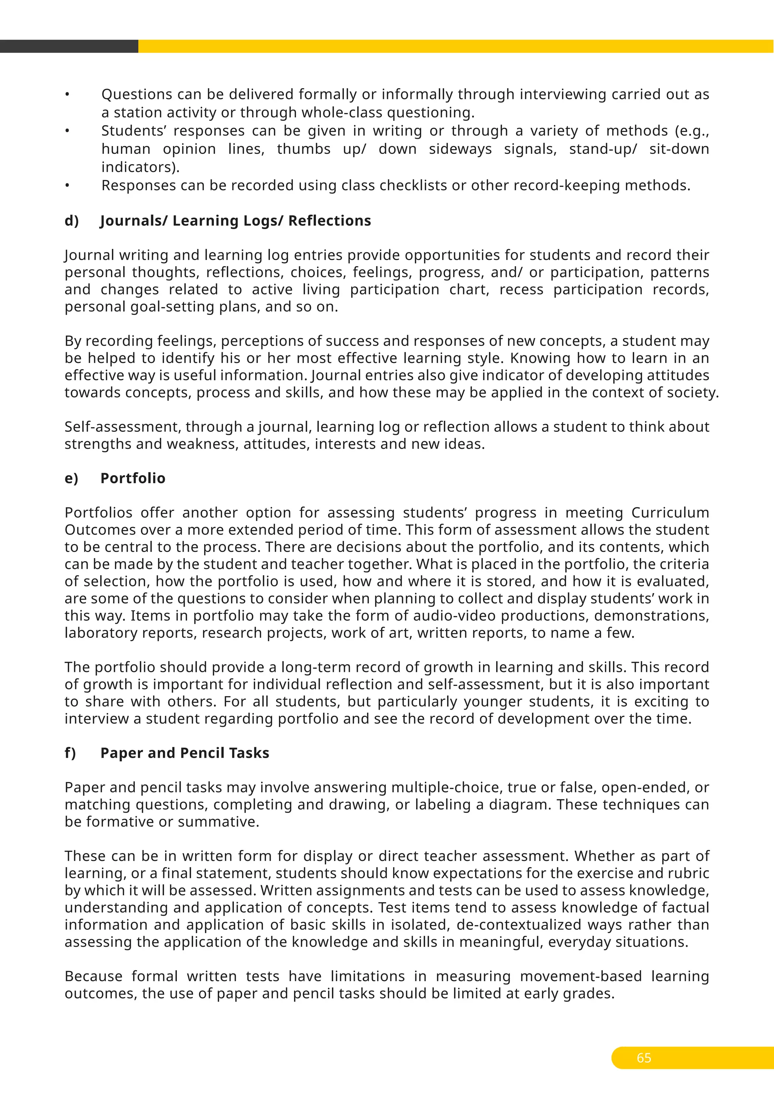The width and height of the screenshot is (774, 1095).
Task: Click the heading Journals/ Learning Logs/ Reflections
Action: pos(235,221)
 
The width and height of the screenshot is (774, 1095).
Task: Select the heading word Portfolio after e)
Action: pos(133,478)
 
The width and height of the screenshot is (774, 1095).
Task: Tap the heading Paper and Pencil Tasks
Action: pos(184,753)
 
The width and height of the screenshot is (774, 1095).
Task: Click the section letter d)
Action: pos(71,221)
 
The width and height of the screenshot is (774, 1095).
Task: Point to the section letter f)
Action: pos(70,753)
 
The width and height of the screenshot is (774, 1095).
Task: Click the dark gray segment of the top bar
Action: pos(69,46)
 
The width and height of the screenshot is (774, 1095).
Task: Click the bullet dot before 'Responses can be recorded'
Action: pos(68,186)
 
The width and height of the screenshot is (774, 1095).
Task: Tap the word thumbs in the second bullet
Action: pos(303,149)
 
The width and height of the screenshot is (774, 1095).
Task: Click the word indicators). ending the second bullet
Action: pos(141,168)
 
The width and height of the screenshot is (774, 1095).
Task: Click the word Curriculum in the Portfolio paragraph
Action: pos(670,513)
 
